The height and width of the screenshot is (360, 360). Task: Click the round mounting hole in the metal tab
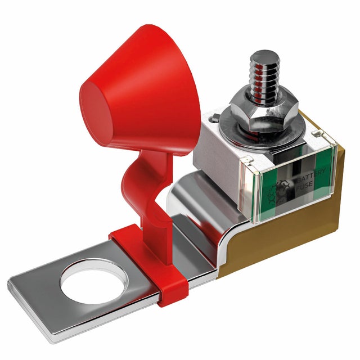pyautogui.click(x=94, y=281)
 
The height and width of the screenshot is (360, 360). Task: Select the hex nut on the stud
pyautogui.click(x=264, y=113)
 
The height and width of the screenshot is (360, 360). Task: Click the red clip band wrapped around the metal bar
pyautogui.click(x=149, y=264)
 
